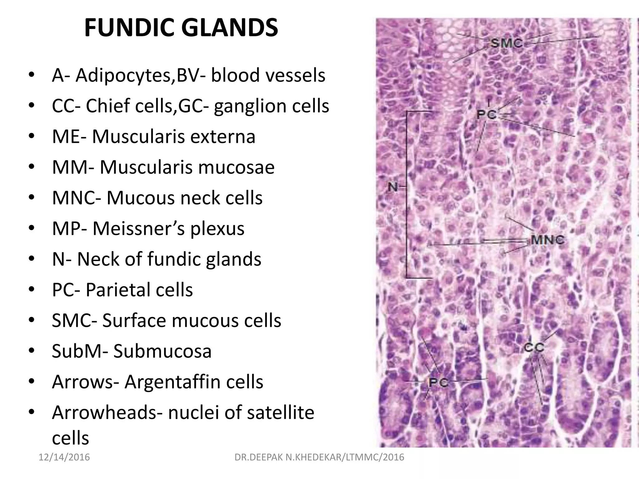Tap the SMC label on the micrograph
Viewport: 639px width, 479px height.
pyautogui.click(x=507, y=43)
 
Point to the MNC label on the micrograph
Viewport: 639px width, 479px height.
pyautogui.click(x=547, y=240)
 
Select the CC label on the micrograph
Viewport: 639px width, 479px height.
pyautogui.click(x=534, y=347)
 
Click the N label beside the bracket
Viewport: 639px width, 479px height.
pyautogui.click(x=393, y=187)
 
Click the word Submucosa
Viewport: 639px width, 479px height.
pyautogui.click(x=162, y=351)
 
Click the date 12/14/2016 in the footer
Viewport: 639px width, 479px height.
pyautogui.click(x=64, y=457)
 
